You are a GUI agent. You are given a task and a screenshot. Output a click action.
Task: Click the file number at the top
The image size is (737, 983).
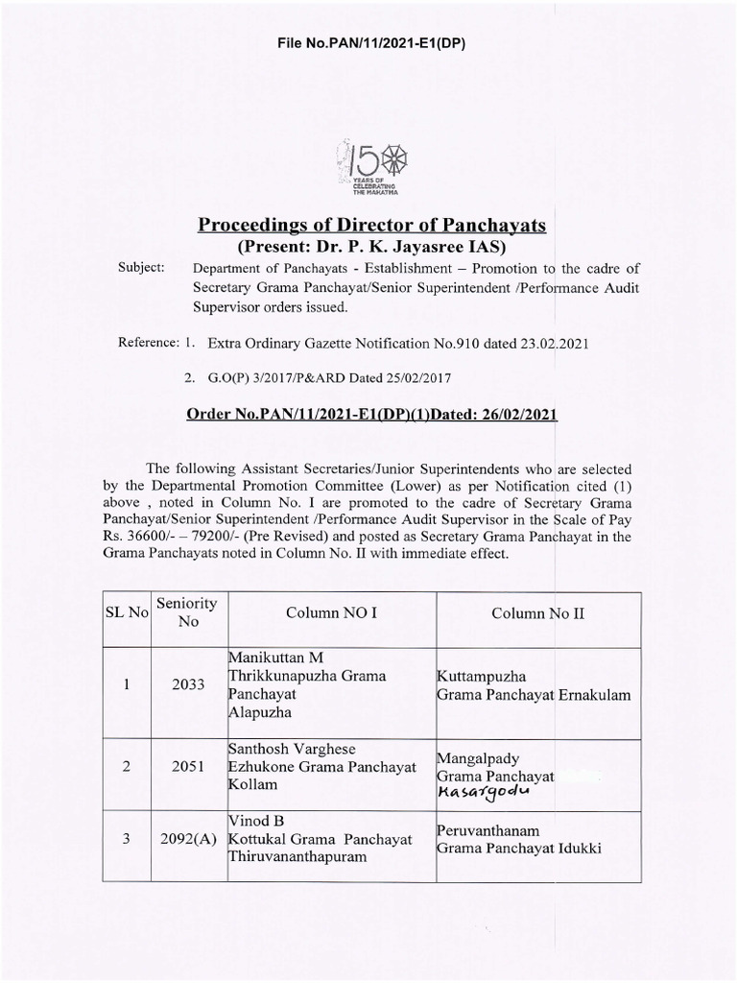pyautogui.click(x=368, y=43)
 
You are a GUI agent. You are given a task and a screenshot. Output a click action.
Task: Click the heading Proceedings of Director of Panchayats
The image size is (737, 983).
pyautogui.click(x=370, y=226)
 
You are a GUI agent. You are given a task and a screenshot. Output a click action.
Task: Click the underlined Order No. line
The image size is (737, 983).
pyautogui.click(x=370, y=415)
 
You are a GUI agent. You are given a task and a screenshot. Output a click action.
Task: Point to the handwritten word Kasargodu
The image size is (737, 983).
pyautogui.click(x=483, y=792)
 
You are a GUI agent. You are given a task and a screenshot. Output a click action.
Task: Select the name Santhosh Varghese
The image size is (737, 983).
pyautogui.click(x=288, y=749)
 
